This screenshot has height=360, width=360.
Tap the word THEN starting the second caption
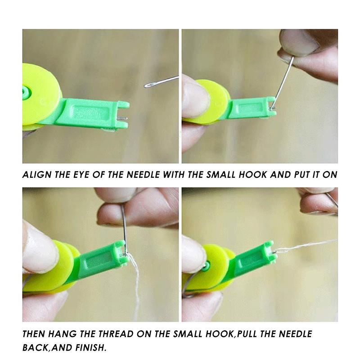tap(35, 334)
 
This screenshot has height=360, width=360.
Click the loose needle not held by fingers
tap(161, 81)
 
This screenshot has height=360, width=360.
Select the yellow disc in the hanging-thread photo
tap(58, 265)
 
